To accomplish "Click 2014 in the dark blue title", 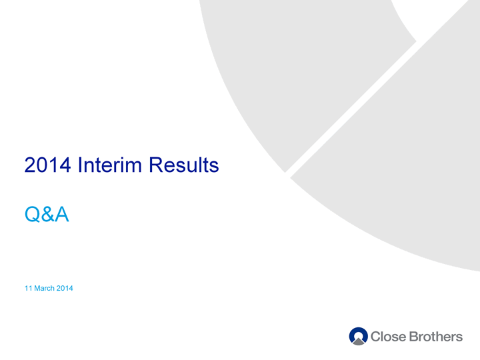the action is [47, 165].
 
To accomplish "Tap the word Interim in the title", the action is [109, 165].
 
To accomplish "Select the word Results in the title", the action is [184, 165].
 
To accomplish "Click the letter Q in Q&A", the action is [33, 214].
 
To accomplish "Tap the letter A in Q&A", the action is [62, 214].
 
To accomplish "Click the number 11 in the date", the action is [28, 288].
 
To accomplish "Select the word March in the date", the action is [45, 288].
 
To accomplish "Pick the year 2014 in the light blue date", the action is [65, 288].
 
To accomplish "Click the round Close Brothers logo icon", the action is [358, 336].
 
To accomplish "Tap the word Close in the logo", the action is [388, 337].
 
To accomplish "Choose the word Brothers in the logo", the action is [435, 337].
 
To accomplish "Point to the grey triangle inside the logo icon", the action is [359, 341].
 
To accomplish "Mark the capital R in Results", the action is [155, 165].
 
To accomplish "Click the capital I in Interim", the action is [79, 165].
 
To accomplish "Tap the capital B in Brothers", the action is [413, 337].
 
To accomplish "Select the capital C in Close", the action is [375, 337].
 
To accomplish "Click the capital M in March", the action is [37, 288].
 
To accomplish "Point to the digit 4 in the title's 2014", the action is [65, 165].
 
